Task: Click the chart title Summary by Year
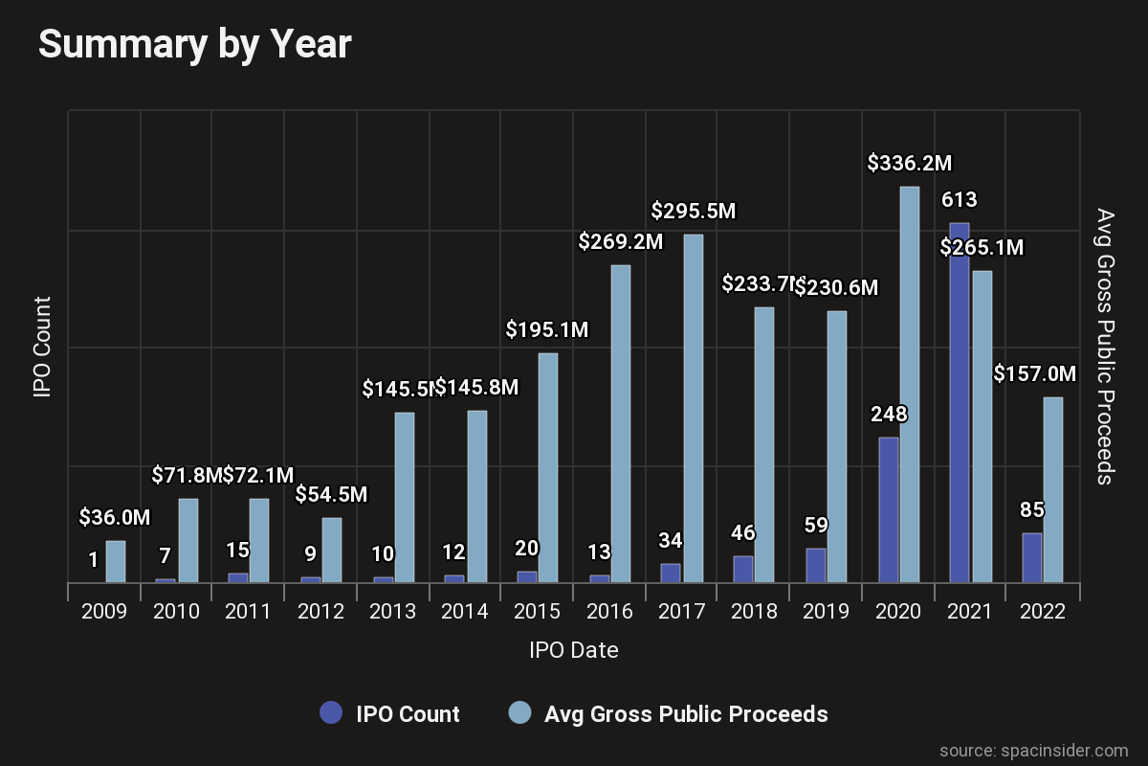(195, 45)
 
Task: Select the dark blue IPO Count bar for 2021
(960, 402)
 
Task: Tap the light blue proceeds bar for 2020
(910, 383)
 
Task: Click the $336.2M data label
(910, 164)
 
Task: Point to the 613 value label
(960, 201)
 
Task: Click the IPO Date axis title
(573, 651)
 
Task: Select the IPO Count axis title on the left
(42, 347)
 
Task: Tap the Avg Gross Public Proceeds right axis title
(1105, 347)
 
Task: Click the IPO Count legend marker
(331, 713)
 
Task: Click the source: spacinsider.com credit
(1033, 750)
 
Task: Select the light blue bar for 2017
(694, 408)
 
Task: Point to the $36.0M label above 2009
(115, 518)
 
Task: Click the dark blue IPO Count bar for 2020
(889, 509)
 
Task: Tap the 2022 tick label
(1042, 612)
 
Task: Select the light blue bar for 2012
(332, 550)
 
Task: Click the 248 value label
(889, 416)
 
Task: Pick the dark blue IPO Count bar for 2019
(816, 565)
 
